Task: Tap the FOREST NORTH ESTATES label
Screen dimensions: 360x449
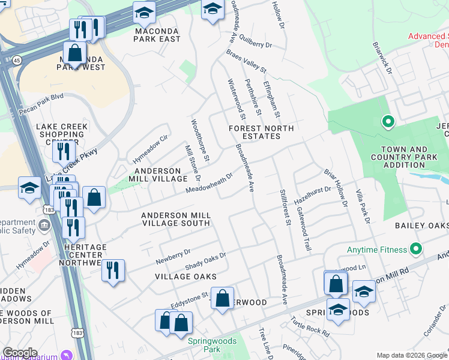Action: (x=261, y=133)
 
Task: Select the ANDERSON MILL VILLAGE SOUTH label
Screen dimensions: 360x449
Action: (x=175, y=219)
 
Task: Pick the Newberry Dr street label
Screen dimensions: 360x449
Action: (x=173, y=257)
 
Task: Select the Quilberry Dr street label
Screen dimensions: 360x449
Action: (x=255, y=44)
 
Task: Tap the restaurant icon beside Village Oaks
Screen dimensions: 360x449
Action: (x=113, y=271)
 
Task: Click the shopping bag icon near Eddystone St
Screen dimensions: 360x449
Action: (x=222, y=298)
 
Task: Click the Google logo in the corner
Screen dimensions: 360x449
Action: (x=20, y=353)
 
